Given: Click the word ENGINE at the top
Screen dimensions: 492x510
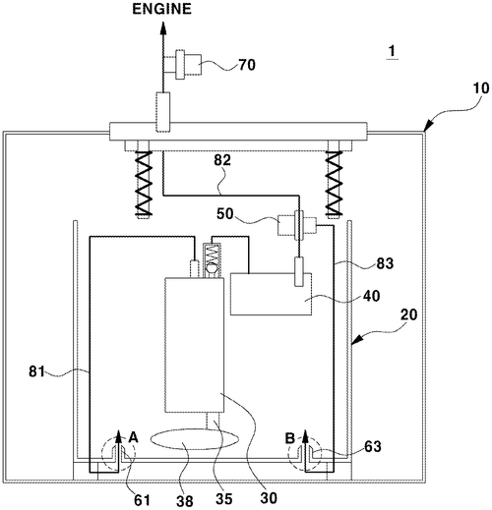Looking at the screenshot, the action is pos(161,9).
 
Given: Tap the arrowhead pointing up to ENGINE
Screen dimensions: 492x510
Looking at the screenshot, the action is pos(163,28).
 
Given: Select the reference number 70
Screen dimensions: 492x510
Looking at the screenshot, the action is pos(247,65).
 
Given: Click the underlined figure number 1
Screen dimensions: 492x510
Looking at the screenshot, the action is pos(392,51).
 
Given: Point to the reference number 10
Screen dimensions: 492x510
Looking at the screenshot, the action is pos(481,88).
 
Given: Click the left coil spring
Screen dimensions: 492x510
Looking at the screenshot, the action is pos(144,183).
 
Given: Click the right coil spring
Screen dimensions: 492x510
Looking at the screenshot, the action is pos(334,183).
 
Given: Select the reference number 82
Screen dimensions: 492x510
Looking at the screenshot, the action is pos(222,160).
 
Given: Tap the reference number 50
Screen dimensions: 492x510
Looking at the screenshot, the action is pos(225,214).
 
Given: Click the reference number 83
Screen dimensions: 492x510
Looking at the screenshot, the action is pos(385,263).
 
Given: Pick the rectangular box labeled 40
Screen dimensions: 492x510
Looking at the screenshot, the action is pos(271,294).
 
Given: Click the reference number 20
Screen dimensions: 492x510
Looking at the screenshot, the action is pos(409,314).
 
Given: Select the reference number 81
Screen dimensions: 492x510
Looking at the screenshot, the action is pos(36,371).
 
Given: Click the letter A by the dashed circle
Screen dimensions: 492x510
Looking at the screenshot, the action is pos(133,437).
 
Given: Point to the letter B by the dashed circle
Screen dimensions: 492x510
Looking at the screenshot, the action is pos(290,438).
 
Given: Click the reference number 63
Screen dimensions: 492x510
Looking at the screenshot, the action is pos(373,446).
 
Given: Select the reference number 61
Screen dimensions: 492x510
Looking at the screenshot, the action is pos(142,500).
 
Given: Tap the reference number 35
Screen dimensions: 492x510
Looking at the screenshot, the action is pos(224,499).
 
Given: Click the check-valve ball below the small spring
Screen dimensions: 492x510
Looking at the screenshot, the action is pos(212,268).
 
